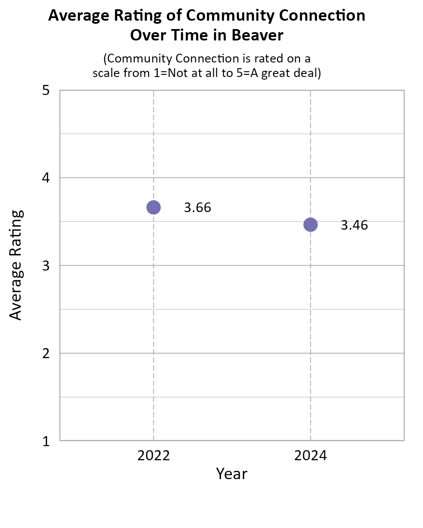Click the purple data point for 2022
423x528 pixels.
coord(153,207)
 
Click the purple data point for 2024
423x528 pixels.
coord(310,225)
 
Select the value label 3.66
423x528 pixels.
coord(197,208)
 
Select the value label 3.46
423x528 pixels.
coord(354,225)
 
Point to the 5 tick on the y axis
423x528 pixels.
coord(45,91)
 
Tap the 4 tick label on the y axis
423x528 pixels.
coord(45,178)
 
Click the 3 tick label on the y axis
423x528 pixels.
coord(45,266)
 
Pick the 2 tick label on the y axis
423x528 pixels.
coord(45,353)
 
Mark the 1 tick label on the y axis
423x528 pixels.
coord(45,441)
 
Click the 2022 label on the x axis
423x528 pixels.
coord(153,455)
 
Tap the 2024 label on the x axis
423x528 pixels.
coord(310,455)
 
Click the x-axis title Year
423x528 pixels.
coord(232,474)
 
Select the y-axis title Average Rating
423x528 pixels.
coord(16,265)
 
